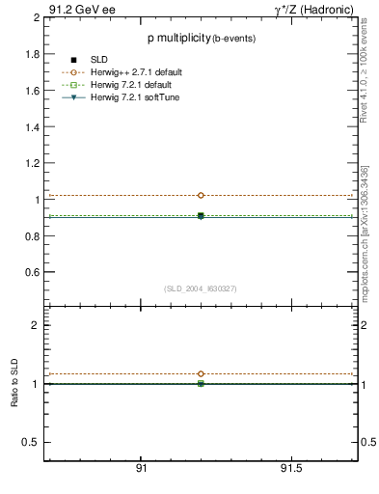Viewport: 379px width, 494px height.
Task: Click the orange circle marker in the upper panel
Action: coord(201,195)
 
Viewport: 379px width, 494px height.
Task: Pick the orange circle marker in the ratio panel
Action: coord(201,373)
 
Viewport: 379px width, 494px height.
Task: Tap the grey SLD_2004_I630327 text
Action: coord(201,288)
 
